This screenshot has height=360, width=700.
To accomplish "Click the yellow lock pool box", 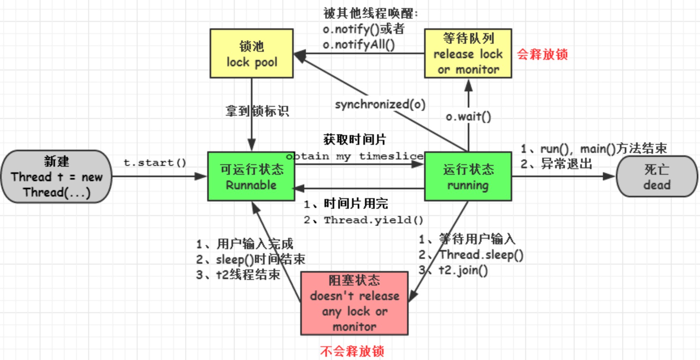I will (251, 53).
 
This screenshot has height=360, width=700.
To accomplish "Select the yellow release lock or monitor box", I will (468, 53).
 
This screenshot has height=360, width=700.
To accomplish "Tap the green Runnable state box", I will (251, 176).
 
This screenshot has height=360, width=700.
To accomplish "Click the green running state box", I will (468, 176).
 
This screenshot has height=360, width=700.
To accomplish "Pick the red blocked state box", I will (354, 303).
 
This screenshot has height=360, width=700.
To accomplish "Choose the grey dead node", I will (657, 176).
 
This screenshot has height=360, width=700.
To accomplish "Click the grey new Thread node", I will (56, 176).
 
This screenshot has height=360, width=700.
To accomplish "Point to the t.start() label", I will (155, 163).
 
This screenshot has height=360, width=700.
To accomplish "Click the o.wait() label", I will (468, 117).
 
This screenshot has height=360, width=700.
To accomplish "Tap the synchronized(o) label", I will (380, 104).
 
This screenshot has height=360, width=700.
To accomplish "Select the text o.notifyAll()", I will (358, 44).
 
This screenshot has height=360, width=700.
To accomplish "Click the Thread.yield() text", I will (373, 220).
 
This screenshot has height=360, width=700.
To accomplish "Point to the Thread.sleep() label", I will (481, 255).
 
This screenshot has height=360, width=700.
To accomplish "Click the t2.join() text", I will (463, 270).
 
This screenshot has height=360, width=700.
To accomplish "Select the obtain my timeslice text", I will (355, 156).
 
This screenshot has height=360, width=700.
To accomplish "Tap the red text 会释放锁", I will (542, 54).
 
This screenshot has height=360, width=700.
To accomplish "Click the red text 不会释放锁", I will (352, 351).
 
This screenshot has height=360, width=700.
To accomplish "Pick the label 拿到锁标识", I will (257, 111).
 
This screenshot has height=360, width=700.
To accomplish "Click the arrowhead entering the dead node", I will (609, 176).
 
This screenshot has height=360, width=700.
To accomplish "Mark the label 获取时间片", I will (354, 140).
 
